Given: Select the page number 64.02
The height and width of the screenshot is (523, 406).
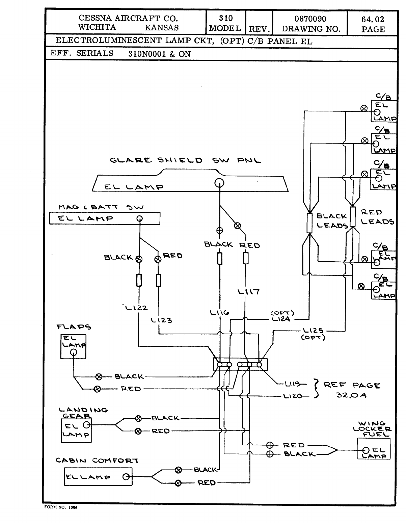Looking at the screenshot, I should [373, 20].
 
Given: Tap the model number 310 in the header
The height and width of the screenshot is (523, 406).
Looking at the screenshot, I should [225, 18].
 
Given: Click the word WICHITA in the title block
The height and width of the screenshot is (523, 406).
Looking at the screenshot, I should [97, 27].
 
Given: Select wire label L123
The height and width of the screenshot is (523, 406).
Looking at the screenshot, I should [162, 320].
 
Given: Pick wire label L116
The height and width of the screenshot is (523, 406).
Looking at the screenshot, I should [219, 313].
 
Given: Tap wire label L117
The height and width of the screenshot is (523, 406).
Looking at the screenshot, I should [249, 291].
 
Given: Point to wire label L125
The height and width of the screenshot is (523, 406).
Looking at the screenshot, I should [313, 331].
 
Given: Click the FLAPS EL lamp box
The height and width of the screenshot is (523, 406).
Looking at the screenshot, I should [73, 346].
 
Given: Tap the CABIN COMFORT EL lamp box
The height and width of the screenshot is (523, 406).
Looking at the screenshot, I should [98, 477].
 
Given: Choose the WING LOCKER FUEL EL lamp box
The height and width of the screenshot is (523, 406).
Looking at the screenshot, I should [373, 449].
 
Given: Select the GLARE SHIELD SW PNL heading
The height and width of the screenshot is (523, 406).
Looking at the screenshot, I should [185, 160].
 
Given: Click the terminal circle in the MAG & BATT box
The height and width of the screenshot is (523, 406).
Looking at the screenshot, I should [139, 218].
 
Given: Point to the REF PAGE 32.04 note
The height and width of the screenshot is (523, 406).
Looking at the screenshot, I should [351, 390].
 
